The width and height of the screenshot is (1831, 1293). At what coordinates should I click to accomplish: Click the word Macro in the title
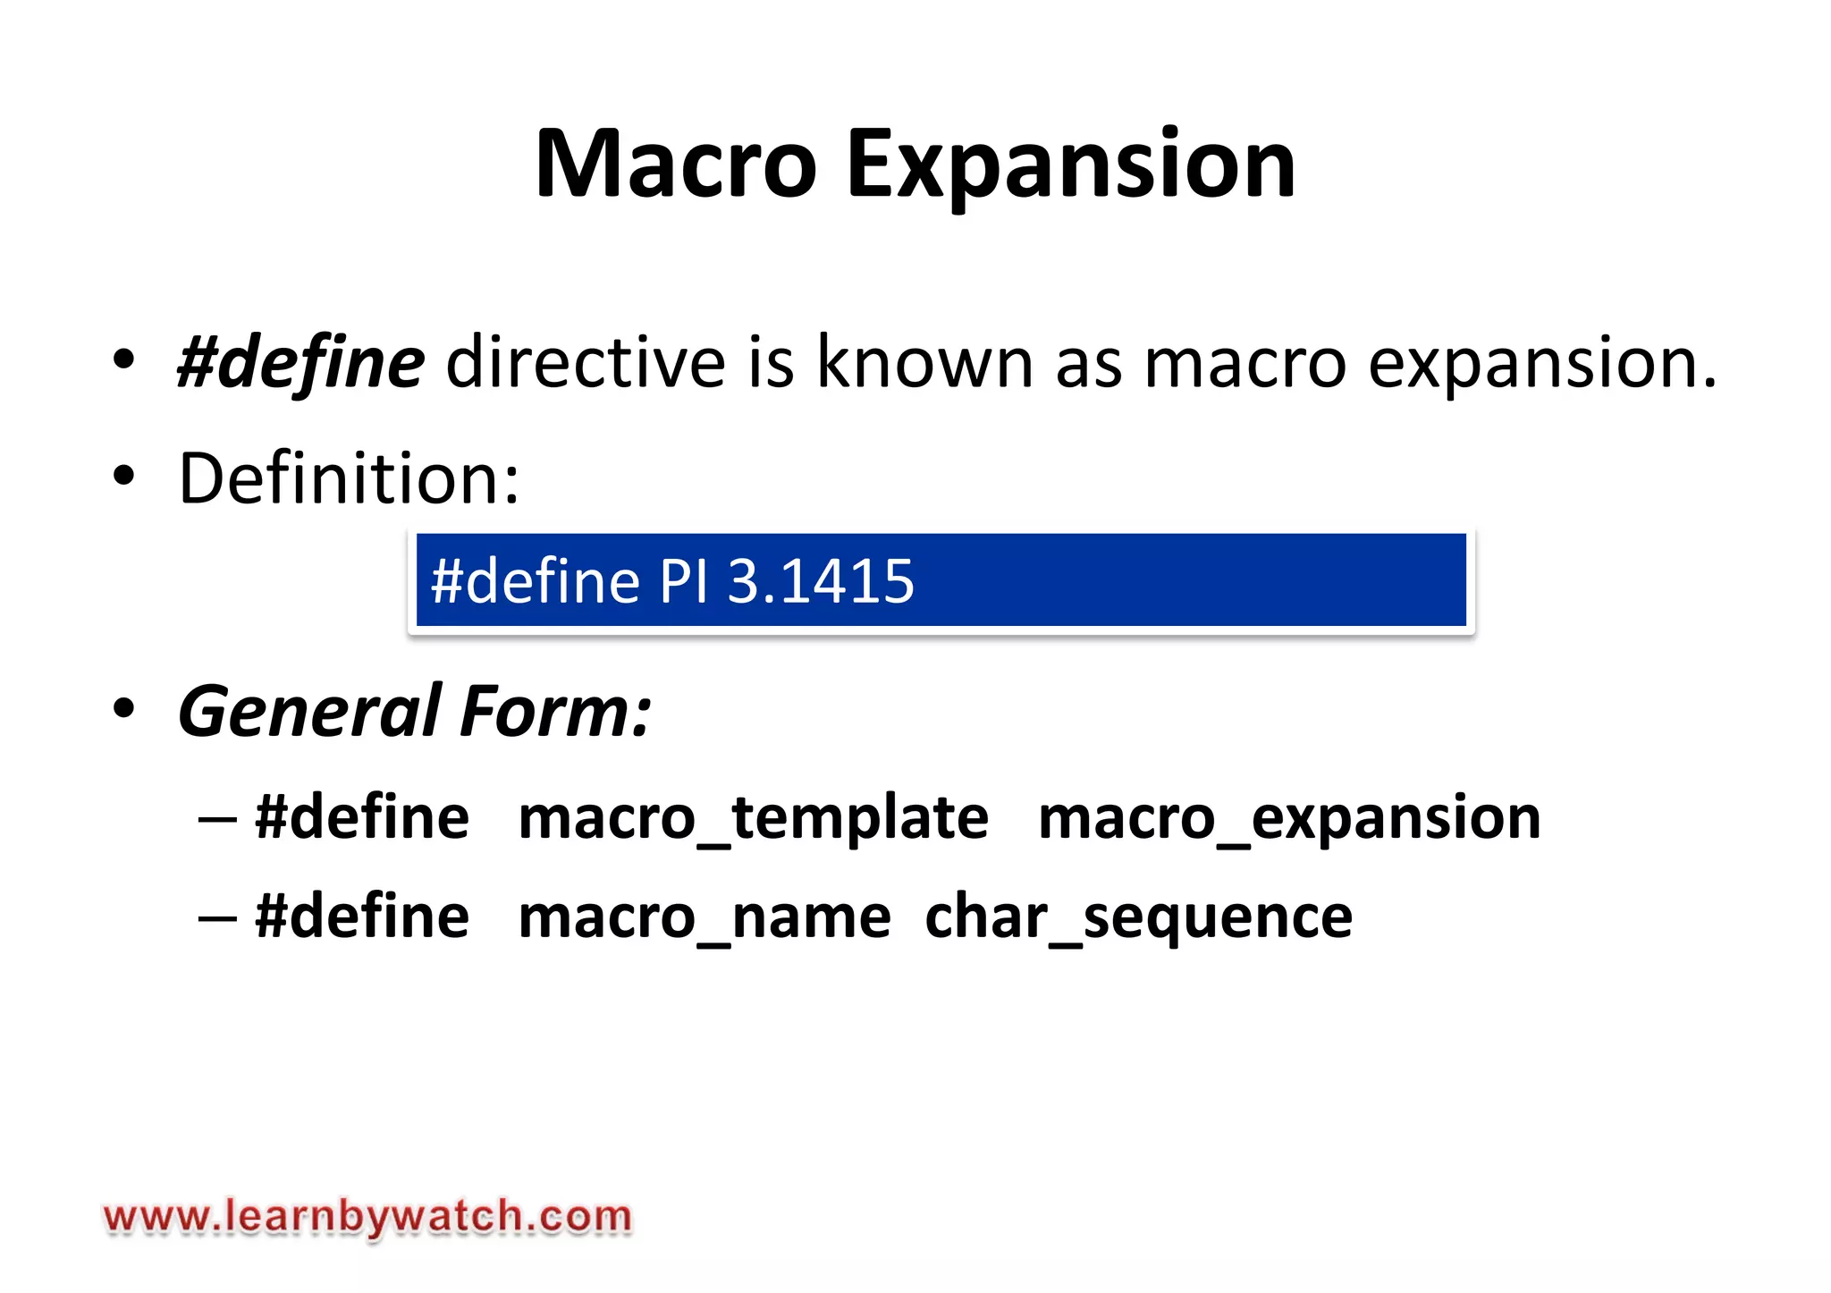click(675, 165)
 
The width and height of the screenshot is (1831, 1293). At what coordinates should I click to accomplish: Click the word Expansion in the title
click(1070, 166)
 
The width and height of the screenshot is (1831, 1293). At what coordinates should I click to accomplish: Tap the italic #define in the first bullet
click(301, 363)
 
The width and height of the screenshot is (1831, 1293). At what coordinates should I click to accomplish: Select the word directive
click(586, 363)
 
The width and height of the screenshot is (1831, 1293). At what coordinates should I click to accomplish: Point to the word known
click(925, 363)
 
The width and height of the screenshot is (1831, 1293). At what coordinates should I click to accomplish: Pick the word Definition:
click(349, 478)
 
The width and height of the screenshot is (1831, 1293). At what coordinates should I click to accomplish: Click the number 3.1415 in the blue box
click(821, 581)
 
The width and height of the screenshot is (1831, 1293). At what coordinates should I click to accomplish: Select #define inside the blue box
click(536, 581)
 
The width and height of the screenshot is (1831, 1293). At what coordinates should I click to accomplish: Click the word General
click(310, 712)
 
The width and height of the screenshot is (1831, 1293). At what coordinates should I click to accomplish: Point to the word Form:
click(555, 712)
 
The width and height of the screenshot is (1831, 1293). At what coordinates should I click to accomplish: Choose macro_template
click(753, 818)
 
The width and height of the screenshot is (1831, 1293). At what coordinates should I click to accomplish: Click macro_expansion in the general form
click(1289, 818)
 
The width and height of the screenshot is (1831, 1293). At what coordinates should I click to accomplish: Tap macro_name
click(705, 917)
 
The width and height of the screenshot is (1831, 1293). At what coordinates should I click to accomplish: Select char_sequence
click(1138, 917)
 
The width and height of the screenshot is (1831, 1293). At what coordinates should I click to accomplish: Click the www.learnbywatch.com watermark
click(367, 1217)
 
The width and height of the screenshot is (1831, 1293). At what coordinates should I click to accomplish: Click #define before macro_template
click(362, 818)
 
